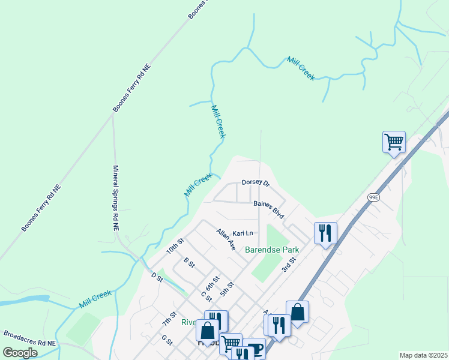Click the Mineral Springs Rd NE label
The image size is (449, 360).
[x=115, y=199]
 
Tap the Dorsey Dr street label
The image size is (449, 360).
[x=256, y=182]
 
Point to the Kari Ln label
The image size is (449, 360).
[x=243, y=233]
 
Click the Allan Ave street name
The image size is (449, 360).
[x=226, y=239]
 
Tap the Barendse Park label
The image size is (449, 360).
[x=271, y=249]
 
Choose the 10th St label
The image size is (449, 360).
[x=174, y=247]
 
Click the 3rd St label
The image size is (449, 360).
[x=289, y=264]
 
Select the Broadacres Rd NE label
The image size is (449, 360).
[x=29, y=338]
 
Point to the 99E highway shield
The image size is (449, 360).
[x=374, y=197]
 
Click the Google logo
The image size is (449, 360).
[x=20, y=352]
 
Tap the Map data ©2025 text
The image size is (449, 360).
[x=423, y=355]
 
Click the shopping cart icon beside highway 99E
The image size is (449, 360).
[x=394, y=142]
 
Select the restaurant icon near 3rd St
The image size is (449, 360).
[x=325, y=232]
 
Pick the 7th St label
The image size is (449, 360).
[x=169, y=319]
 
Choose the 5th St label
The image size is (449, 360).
[x=226, y=292]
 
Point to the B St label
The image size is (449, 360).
[x=189, y=263]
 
